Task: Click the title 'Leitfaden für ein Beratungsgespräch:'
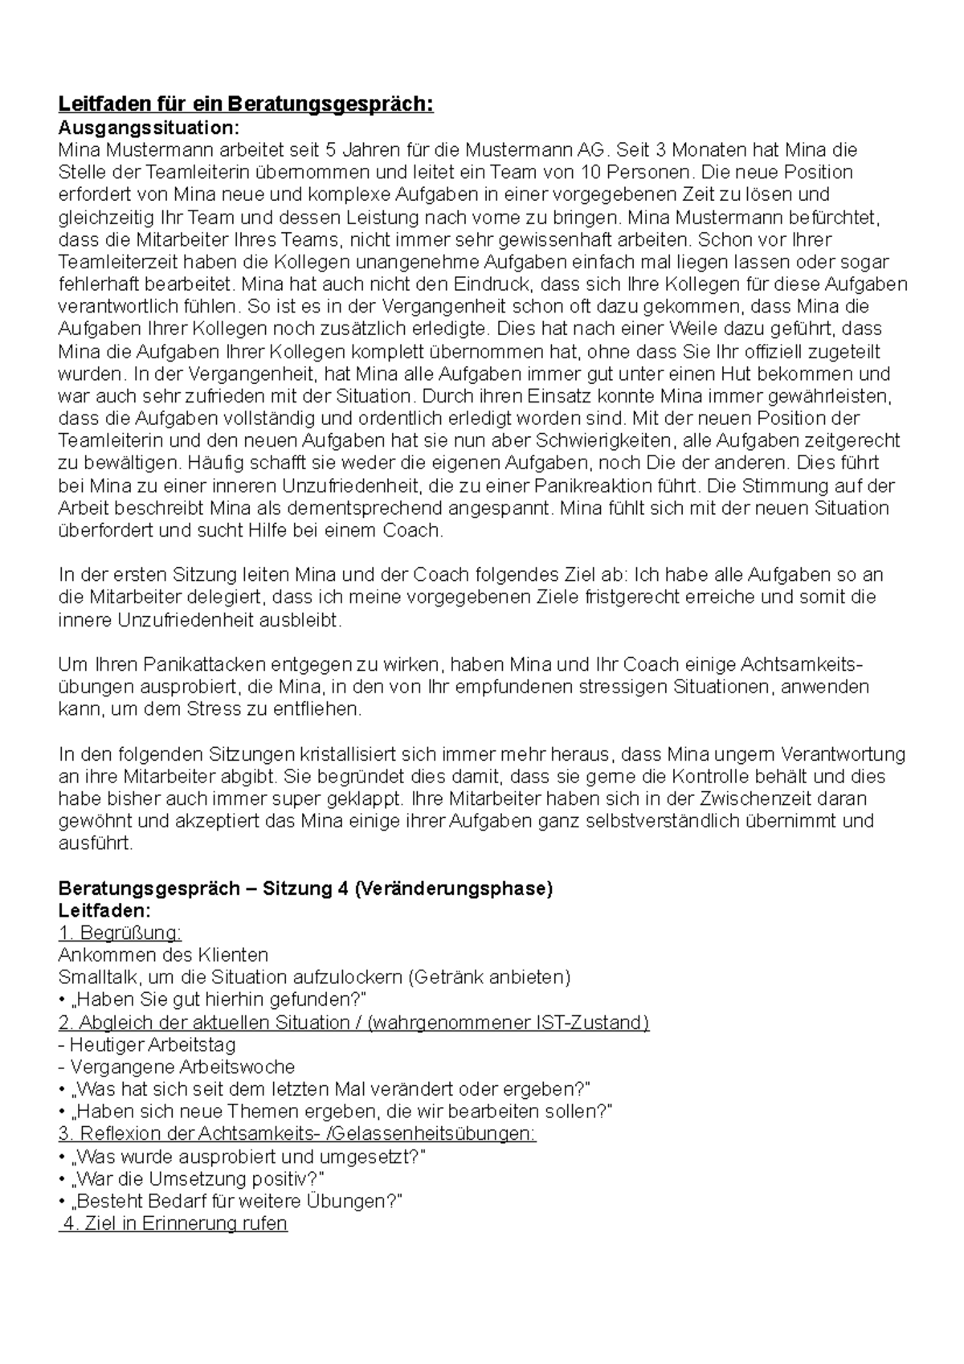(246, 105)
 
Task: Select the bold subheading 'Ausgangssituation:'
(149, 128)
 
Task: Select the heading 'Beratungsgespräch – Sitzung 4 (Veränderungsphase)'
(306, 889)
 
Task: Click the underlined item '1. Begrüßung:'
(120, 933)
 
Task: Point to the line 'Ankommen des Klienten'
(163, 955)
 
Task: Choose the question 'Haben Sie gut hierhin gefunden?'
(219, 999)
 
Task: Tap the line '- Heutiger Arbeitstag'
(147, 1045)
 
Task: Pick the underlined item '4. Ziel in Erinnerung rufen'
(174, 1224)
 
